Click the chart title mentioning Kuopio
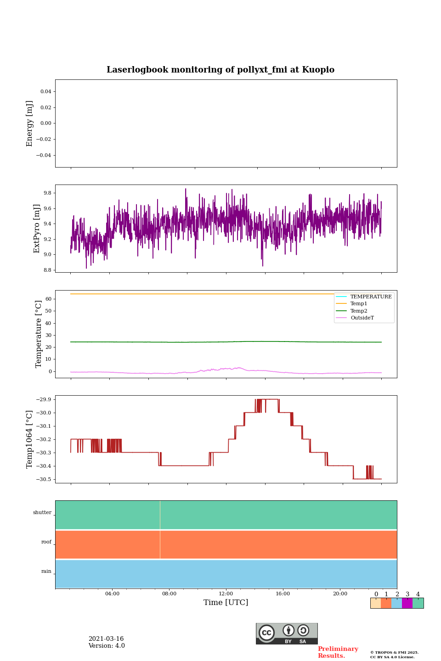click(220, 70)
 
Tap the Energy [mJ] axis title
click(30, 123)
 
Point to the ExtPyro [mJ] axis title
click(37, 229)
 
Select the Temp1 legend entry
click(359, 304)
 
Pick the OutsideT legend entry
click(362, 318)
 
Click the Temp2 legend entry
click(359, 311)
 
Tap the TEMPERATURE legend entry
click(371, 297)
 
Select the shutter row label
click(42, 513)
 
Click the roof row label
click(46, 542)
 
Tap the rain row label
click(46, 571)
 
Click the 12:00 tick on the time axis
click(226, 594)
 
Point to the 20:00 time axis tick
click(340, 594)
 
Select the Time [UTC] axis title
click(226, 603)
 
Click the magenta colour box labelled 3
click(407, 603)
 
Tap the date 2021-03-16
click(106, 639)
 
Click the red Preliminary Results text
click(338, 652)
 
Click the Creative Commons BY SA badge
click(287, 633)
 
